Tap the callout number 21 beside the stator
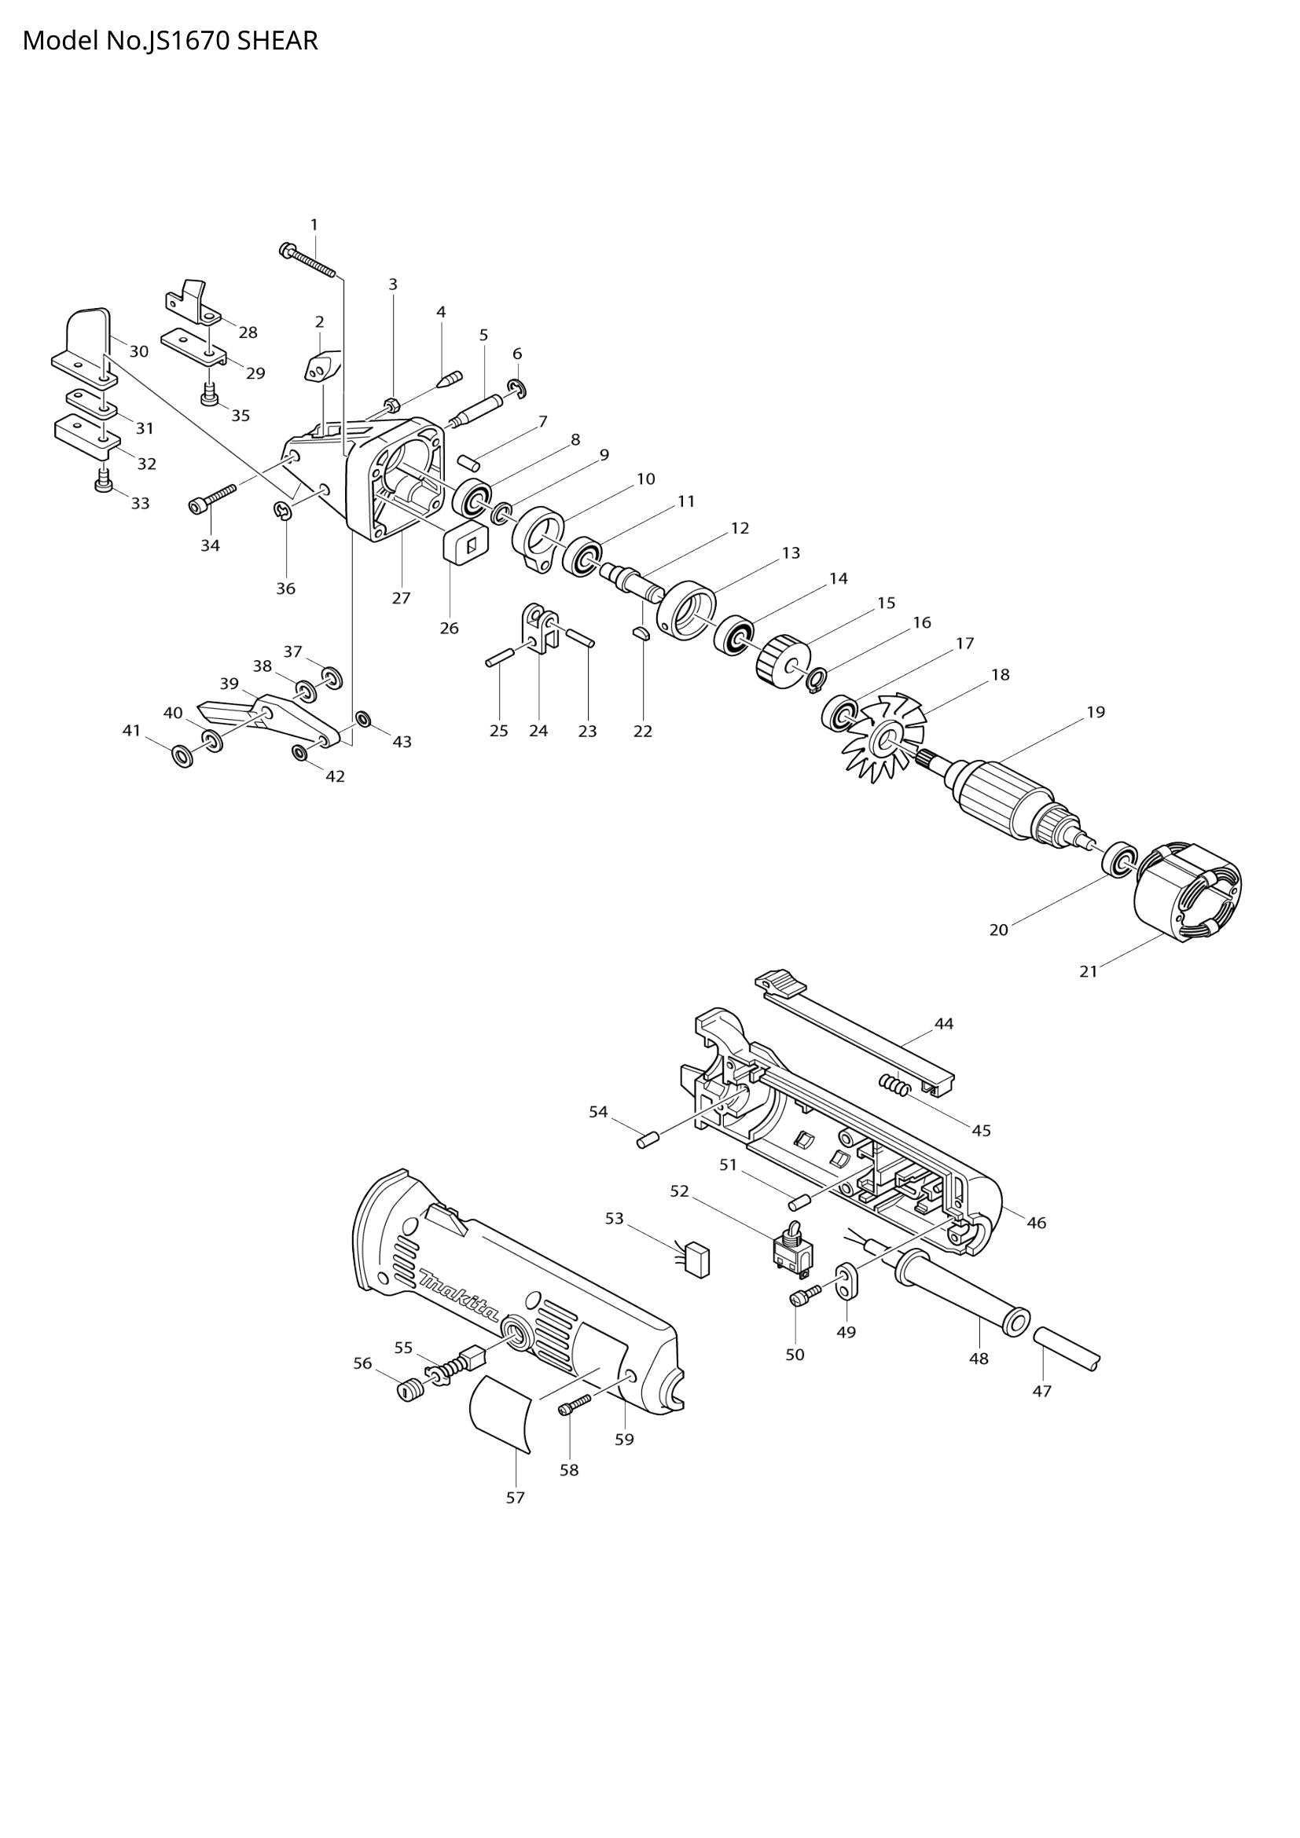(x=1088, y=972)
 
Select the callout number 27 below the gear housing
(x=401, y=598)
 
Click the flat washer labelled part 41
(x=182, y=755)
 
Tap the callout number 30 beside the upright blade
(x=139, y=351)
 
